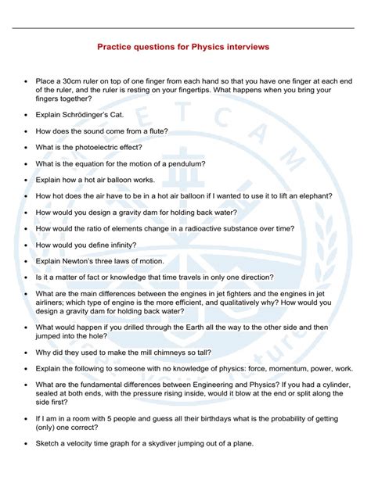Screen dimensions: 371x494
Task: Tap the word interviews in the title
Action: pos(243,47)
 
